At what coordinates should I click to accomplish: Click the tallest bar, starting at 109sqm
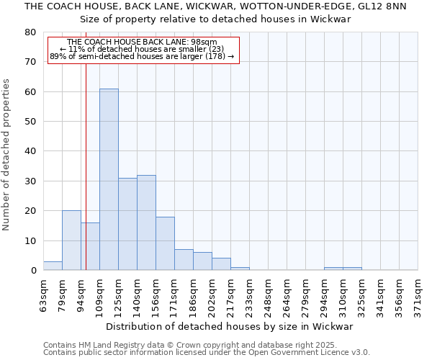(109, 179)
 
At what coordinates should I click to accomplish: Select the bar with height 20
(71, 240)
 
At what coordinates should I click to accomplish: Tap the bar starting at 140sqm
(146, 222)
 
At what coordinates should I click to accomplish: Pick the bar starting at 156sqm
(165, 243)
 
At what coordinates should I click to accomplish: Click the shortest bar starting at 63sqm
(53, 266)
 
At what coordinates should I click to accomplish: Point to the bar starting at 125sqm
(127, 224)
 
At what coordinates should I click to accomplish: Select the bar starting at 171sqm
(184, 260)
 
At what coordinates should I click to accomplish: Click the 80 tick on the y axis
(30, 32)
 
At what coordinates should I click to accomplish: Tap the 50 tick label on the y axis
(30, 122)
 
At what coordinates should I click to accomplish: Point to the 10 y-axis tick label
(30, 240)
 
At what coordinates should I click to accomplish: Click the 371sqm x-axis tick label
(418, 295)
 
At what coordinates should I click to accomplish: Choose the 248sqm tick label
(268, 295)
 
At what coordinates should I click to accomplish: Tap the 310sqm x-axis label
(343, 295)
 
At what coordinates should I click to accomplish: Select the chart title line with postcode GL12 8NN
(215, 6)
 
